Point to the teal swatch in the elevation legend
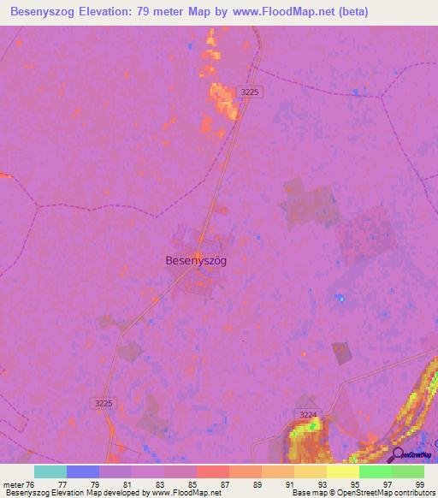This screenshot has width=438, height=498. pyautogui.click(x=50, y=471)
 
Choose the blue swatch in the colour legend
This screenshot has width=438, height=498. pyautogui.click(x=83, y=471)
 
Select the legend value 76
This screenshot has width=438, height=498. pyautogui.click(x=32, y=484)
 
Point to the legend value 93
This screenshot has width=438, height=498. pyautogui.click(x=321, y=484)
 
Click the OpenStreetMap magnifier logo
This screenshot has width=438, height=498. pyautogui.click(x=398, y=454)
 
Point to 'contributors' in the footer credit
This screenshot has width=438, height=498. pyautogui.click(x=413, y=494)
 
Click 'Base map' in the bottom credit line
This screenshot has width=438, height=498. pyautogui.click(x=305, y=494)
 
